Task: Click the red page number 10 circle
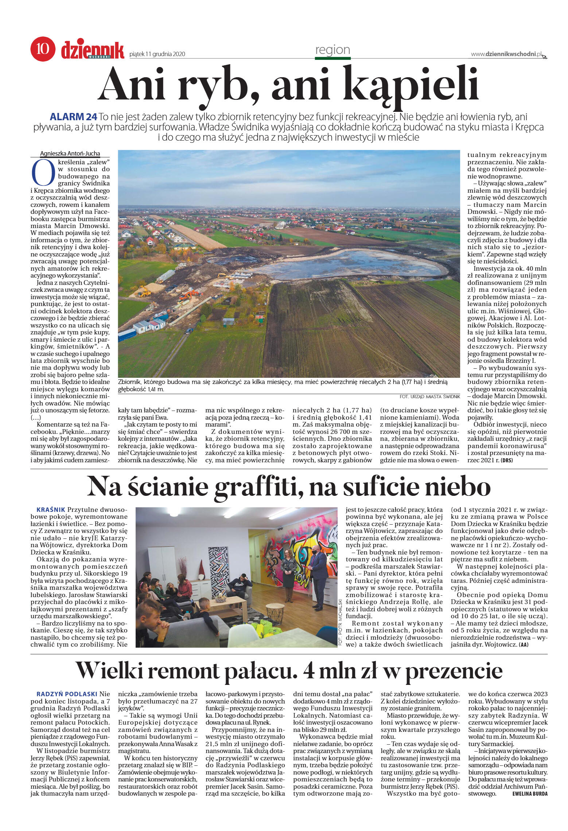pos(43,49)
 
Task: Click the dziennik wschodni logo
pos(93,50)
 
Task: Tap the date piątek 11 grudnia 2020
pos(157,54)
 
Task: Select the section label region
pos(332,50)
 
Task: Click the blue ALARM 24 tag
pos(73,117)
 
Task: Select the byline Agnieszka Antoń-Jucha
pos(70,153)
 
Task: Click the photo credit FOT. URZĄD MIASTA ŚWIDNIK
pos(429,396)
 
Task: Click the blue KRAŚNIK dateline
pos(51,510)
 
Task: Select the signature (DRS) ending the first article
pos(507,460)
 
